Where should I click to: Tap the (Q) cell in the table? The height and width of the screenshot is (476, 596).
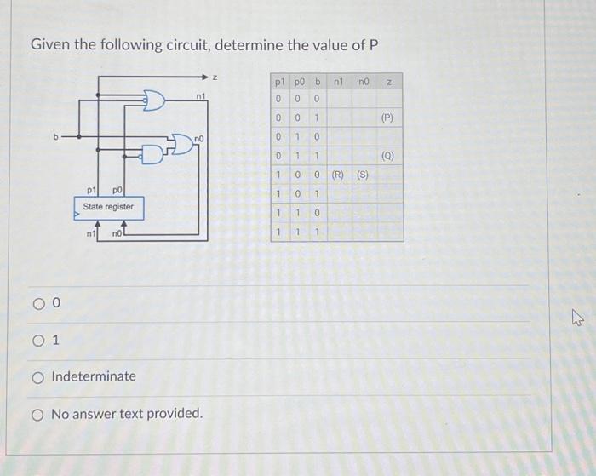pos(387,156)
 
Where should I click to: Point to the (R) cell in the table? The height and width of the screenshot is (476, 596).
pos(337,175)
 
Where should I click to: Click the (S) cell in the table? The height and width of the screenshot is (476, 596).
pos(363,175)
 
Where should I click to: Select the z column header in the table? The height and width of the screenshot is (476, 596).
pos(387,83)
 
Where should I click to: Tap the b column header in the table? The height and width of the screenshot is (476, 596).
pos(317,83)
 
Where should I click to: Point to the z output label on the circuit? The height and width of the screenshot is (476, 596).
pos(215,77)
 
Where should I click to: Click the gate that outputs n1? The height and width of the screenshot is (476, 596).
pos(154,101)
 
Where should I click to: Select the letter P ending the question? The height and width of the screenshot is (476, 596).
pos(373,43)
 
